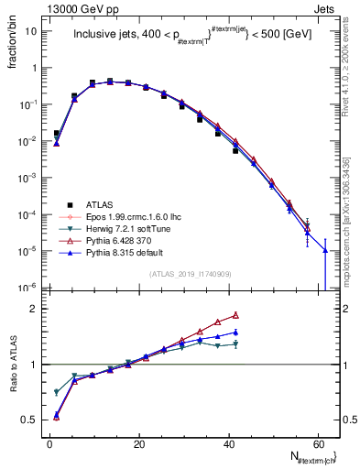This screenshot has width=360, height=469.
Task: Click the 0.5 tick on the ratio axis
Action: (30, 420)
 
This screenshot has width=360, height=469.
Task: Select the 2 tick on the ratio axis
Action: (36, 309)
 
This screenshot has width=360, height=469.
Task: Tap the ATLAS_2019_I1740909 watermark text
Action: (190, 274)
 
